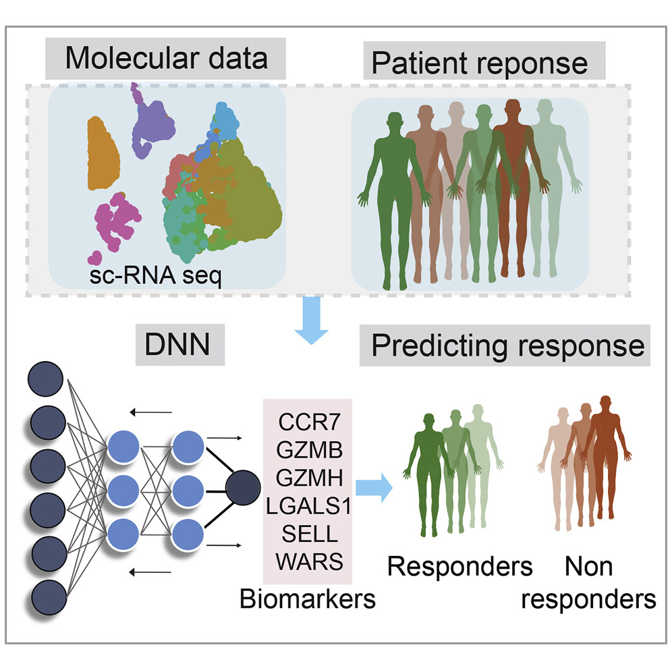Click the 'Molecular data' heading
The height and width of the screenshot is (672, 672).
click(166, 59)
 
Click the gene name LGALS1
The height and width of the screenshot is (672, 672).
click(308, 507)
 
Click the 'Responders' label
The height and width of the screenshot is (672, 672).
click(459, 566)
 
